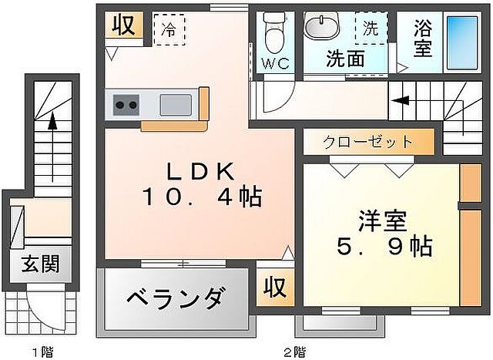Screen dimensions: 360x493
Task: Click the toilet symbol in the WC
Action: (270, 32)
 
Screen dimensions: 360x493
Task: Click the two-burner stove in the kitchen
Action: (126, 104)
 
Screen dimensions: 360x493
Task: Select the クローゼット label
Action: (367, 142)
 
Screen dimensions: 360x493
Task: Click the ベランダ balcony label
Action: (176, 297)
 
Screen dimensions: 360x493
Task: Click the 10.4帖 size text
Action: (201, 197)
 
